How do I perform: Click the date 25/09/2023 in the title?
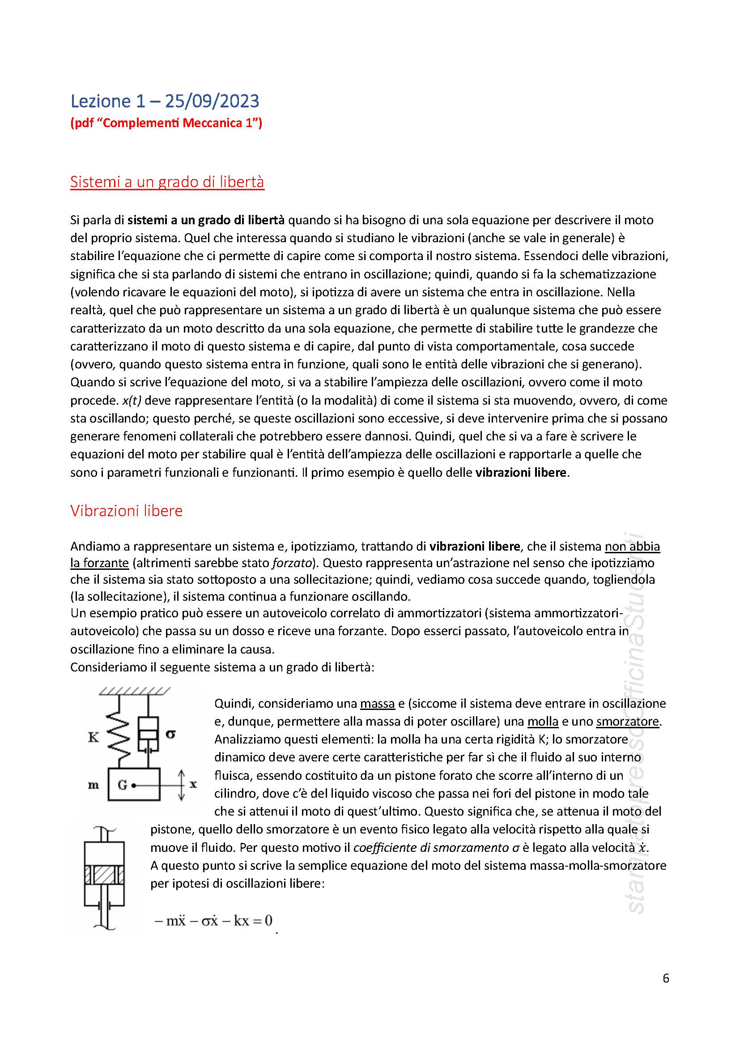pos(212,101)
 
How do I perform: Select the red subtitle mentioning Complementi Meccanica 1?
pos(166,123)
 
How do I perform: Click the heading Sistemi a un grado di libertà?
pos(167,182)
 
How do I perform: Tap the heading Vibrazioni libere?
pos(126,511)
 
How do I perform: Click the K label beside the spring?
pos(94,737)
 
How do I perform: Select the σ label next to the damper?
pos(170,734)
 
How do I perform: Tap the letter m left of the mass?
pos(94,785)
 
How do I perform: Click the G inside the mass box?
pos(123,785)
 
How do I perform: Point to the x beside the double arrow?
pos(193,784)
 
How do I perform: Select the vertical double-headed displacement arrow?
pos(181,785)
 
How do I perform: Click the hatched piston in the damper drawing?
pos(104,874)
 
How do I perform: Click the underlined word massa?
pos(377,704)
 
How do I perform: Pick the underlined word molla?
pos(543,722)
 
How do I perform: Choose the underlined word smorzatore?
pos(627,722)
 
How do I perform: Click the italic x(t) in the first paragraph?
pos(132,400)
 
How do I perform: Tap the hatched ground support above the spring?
pos(134,691)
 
